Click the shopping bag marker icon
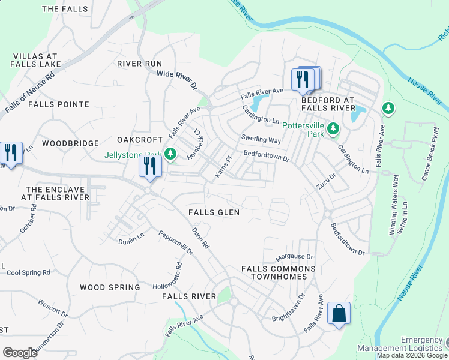[339, 313]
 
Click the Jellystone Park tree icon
[171, 154]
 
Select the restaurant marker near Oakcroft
[150, 166]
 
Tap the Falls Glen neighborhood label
[214, 212]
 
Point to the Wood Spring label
[110, 287]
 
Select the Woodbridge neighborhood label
[71, 143]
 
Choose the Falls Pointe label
[58, 104]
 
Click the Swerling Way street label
[261, 140]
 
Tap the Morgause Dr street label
[294, 257]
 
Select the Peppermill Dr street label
[176, 242]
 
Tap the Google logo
[20, 352]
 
